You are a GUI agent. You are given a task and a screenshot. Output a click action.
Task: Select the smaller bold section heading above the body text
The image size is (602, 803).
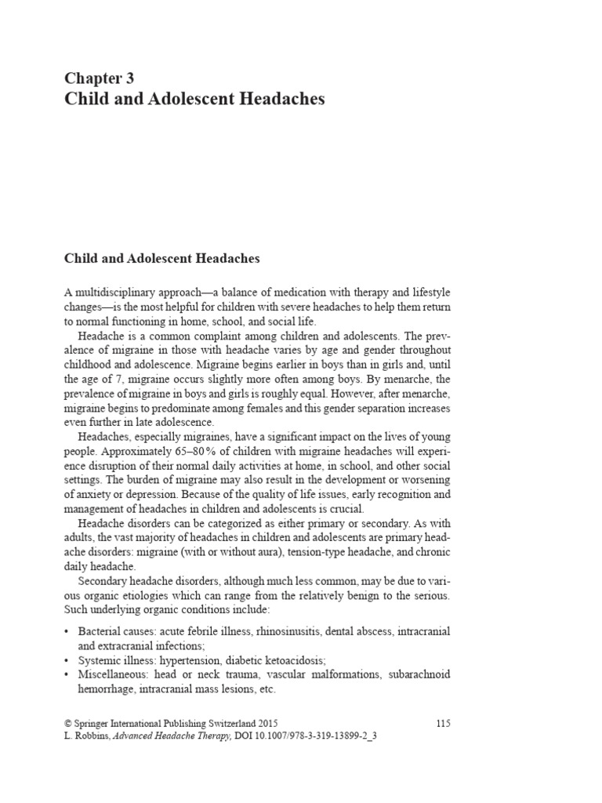click(161, 257)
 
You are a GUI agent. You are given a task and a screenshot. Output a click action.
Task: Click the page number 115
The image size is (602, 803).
click(443, 723)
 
